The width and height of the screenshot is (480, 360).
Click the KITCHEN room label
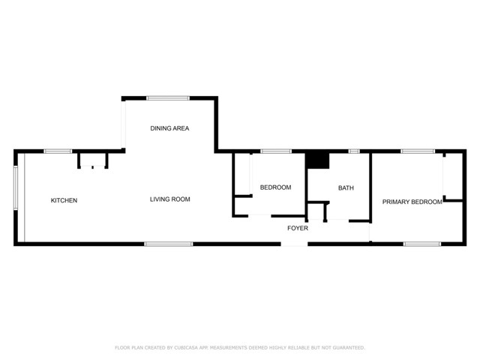[x=64, y=200]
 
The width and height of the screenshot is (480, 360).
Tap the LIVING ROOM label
[x=169, y=199]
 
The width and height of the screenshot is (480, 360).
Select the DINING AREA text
[x=169, y=128]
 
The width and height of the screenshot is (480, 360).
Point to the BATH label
[x=346, y=188]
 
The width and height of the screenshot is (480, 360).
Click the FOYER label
[x=298, y=228]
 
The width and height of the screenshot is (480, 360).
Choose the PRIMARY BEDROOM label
[x=412, y=202]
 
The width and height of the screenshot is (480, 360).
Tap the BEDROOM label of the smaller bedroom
[x=275, y=187]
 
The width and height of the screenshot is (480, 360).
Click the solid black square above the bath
[x=318, y=160]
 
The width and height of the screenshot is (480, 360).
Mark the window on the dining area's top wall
[x=168, y=97]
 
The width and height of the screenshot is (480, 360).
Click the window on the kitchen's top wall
[x=58, y=151]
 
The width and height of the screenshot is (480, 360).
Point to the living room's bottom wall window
[x=169, y=244]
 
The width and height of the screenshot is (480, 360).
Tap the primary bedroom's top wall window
[x=417, y=151]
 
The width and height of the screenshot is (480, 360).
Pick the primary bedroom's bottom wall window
[x=421, y=244]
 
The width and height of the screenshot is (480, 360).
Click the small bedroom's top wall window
[x=276, y=151]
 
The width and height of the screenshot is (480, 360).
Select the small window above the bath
[x=354, y=151]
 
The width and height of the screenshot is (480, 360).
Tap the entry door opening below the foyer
[x=295, y=244]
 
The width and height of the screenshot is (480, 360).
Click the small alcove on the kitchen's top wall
[x=94, y=160]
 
